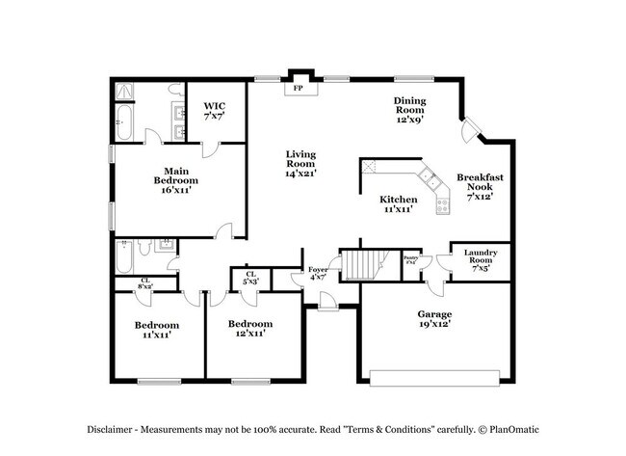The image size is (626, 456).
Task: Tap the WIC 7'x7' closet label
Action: point(213,110)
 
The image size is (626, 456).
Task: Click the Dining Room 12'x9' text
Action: point(409,111)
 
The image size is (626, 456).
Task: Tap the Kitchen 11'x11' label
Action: point(398,204)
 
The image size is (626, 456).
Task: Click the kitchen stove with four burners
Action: point(443,204)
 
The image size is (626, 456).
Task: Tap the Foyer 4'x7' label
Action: point(317,274)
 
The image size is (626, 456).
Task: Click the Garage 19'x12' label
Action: point(434,320)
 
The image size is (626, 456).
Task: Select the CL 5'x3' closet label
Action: point(250,278)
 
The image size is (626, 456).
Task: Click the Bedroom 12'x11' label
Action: point(250,328)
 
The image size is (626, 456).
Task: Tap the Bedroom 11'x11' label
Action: point(156,330)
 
